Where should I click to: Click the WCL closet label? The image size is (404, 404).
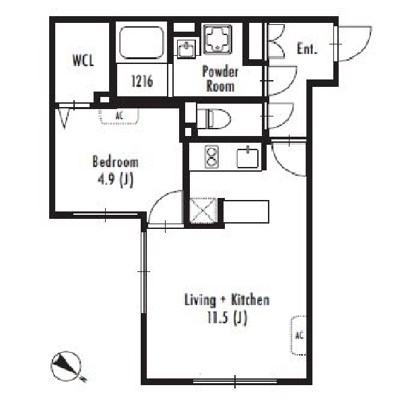pos(83,61)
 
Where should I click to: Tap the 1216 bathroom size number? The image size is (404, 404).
pos(142,81)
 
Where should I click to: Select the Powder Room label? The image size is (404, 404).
pos(220,79)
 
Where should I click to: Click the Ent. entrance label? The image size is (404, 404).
pos(306,48)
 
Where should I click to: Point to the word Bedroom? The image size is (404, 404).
pos(115,162)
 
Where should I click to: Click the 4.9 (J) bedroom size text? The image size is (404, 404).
pos(115,180)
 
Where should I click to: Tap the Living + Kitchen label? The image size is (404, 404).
pos(227,300)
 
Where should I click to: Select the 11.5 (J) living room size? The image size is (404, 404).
pos(227,318)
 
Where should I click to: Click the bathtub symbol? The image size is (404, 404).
pos(141,43)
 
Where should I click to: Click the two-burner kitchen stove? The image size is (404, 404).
pos(212,157)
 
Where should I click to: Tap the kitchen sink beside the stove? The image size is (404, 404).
pos(248,158)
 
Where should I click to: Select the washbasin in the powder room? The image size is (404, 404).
pos(187,48)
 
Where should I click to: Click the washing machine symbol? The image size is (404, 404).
pos(217,40)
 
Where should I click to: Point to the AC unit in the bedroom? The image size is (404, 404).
pos(119,116)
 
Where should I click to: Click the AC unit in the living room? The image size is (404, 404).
pos(298,335)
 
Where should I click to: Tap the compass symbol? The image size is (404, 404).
pos(67,366)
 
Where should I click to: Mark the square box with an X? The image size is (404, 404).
pos(203,210)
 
